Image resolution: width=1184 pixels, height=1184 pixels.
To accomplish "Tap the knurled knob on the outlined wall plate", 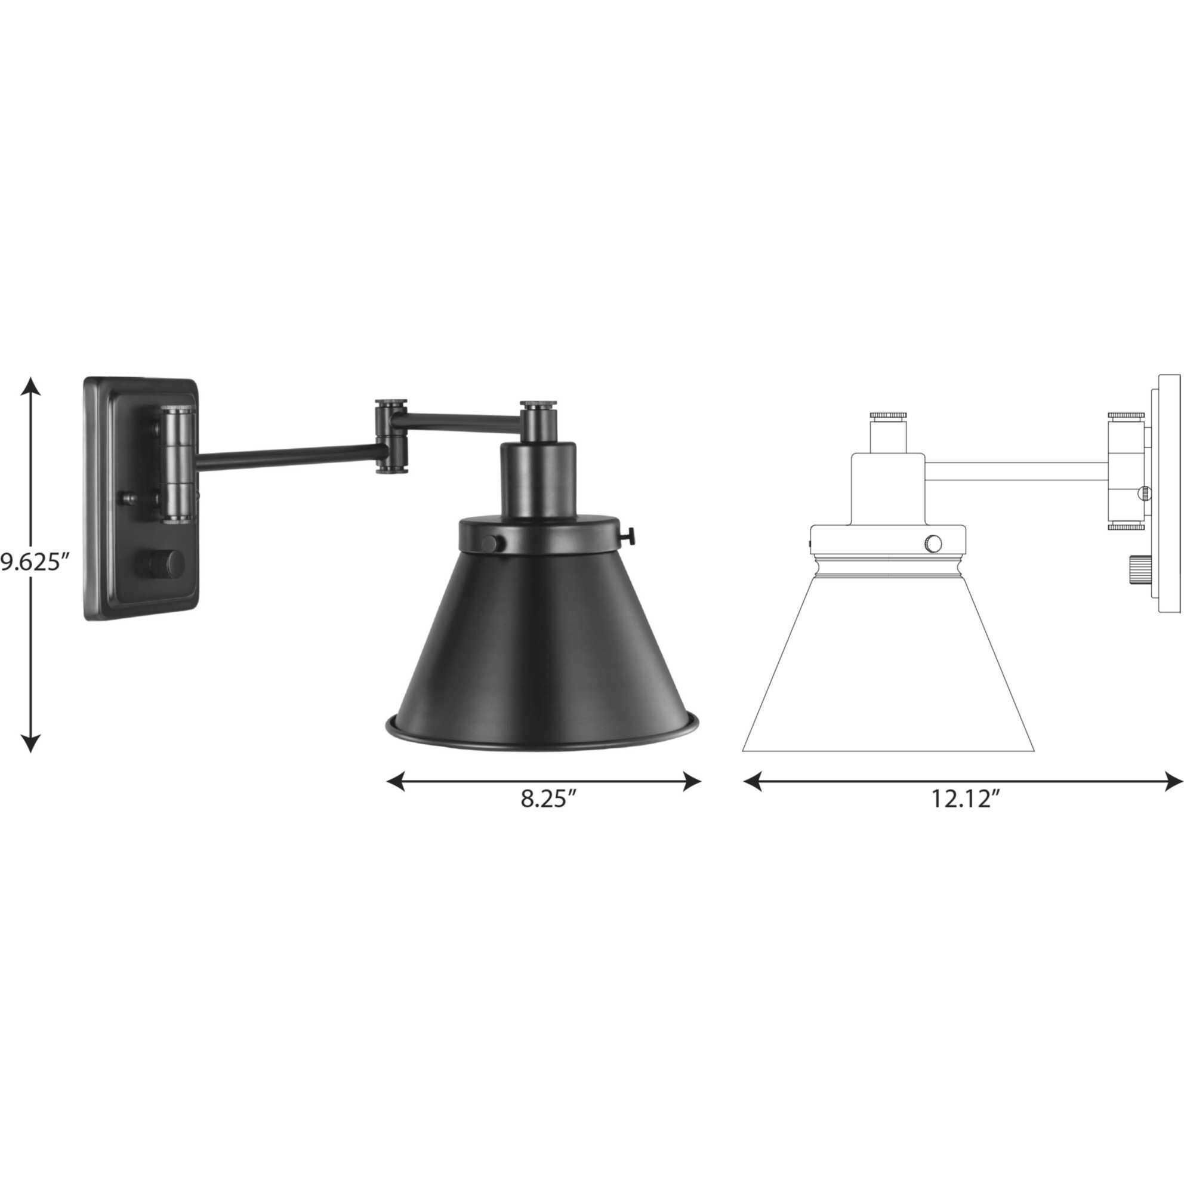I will (1138, 569).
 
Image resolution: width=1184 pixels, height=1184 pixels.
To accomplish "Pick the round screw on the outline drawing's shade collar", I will (932, 542).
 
